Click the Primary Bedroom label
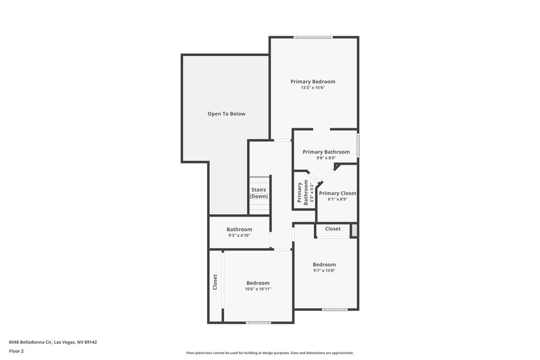tap(313, 82)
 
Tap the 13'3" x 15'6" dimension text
tap(313, 88)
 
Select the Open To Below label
tap(226, 113)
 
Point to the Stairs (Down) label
tap(259, 193)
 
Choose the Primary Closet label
tap(337, 193)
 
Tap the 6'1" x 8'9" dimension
tap(337, 200)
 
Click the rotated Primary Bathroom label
tap(305, 192)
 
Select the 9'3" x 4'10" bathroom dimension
tap(239, 236)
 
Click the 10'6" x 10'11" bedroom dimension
tap(258, 290)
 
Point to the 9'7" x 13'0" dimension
tap(324, 271)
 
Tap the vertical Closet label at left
tap(215, 282)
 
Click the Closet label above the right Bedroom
tap(333, 229)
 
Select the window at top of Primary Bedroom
tap(313, 37)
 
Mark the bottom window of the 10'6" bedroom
tap(258, 322)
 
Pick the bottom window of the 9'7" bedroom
tap(333, 310)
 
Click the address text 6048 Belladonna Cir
tap(53, 342)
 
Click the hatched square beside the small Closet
tap(353, 230)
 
